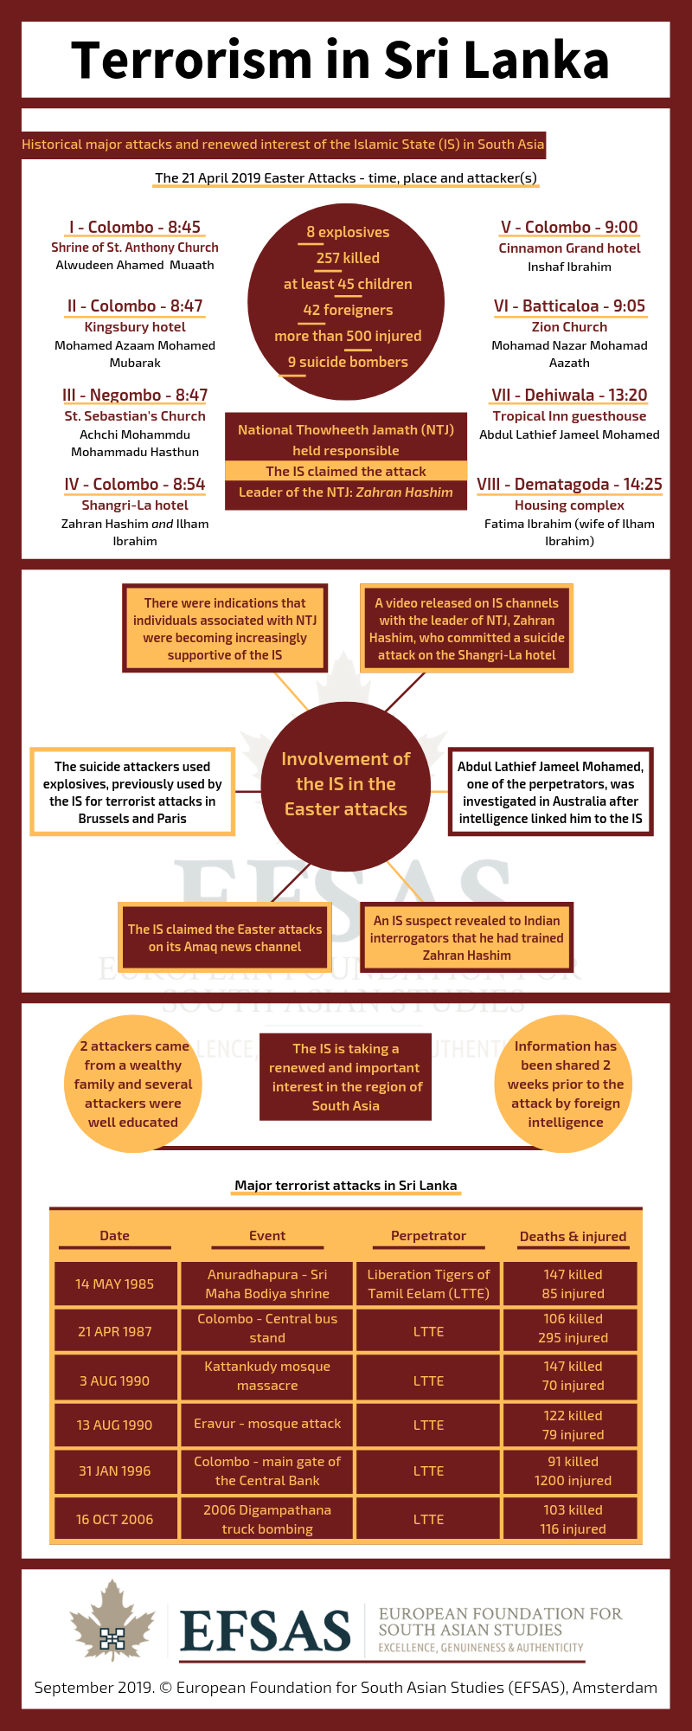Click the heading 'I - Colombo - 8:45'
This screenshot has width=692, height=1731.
pyautogui.click(x=135, y=228)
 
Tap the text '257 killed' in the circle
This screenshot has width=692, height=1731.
pyautogui.click(x=348, y=258)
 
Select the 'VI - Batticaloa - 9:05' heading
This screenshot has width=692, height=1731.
pyautogui.click(x=569, y=306)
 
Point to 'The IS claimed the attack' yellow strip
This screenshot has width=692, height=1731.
pyautogui.click(x=346, y=472)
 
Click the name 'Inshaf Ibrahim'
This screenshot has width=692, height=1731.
pyautogui.click(x=569, y=267)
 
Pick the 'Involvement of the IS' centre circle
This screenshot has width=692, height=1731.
pyautogui.click(x=346, y=784)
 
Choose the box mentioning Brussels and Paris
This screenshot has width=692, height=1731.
pyautogui.click(x=132, y=792)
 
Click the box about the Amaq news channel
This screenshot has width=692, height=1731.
pyautogui.click(x=225, y=937)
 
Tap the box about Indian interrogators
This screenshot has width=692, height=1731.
pyautogui.click(x=467, y=937)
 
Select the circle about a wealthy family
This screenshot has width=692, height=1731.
pyautogui.click(x=133, y=1084)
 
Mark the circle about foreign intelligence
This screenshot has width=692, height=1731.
pyautogui.click(x=565, y=1084)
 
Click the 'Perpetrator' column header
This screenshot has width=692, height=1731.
pyautogui.click(x=428, y=1236)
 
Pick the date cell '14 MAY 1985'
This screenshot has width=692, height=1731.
pyautogui.click(x=115, y=1284)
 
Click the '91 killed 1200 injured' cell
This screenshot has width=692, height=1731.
pyautogui.click(x=573, y=1471)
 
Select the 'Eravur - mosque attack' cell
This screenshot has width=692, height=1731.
pyautogui.click(x=267, y=1424)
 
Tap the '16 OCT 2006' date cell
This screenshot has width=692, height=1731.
pyautogui.click(x=115, y=1519)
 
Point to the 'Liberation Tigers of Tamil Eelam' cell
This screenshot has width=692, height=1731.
pyautogui.click(x=428, y=1284)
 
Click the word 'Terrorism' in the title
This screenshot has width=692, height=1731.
pyautogui.click(x=191, y=61)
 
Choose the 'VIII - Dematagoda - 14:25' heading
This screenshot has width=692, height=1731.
pyautogui.click(x=569, y=485)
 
